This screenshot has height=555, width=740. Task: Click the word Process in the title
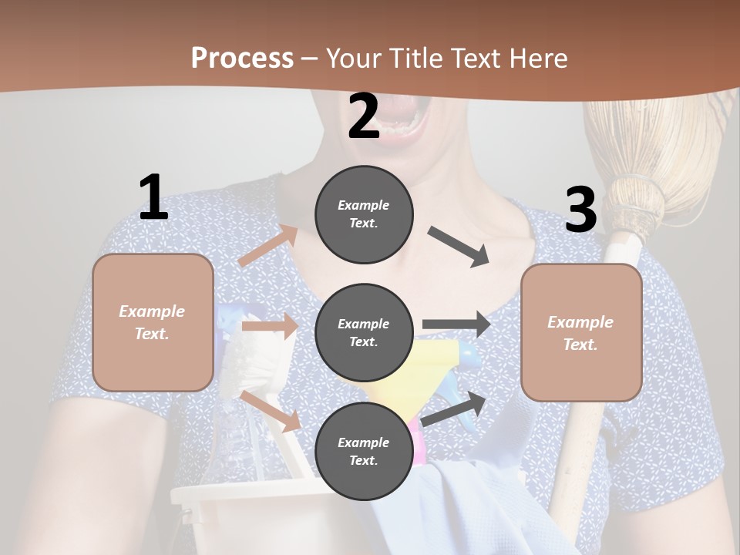click(242, 59)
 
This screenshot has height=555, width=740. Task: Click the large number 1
click(153, 197)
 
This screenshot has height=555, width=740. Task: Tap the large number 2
click(364, 116)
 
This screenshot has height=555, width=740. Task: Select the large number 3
click(580, 210)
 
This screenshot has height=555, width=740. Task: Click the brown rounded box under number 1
click(153, 322)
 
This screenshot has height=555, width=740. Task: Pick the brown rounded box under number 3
click(581, 332)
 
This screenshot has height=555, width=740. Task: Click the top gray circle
click(364, 214)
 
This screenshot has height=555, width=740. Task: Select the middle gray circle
click(364, 332)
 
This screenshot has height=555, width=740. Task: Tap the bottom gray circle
click(364, 451)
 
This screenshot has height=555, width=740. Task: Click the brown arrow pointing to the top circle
click(268, 246)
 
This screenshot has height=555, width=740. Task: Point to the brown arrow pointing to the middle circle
click(270, 326)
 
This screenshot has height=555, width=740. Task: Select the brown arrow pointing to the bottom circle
click(271, 411)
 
